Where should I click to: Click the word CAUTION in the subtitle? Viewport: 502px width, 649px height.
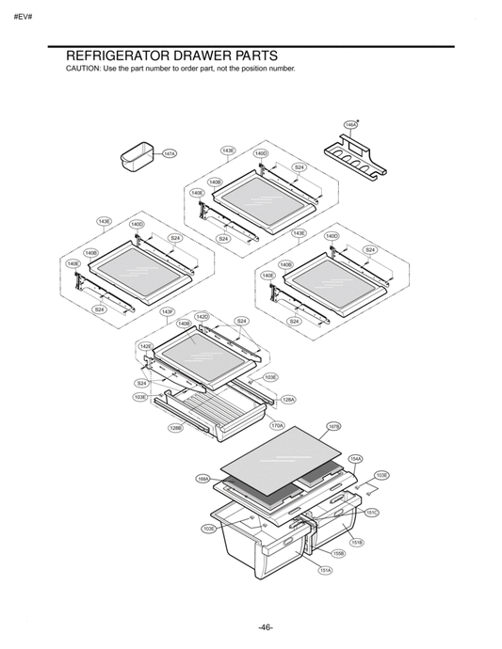point(82,71)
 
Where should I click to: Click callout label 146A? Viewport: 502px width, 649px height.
point(350,123)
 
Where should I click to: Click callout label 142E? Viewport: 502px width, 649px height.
point(146,346)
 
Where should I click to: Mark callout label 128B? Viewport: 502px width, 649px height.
point(175,428)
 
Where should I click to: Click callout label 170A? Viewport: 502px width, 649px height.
point(277,425)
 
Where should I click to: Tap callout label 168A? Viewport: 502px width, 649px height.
point(202,479)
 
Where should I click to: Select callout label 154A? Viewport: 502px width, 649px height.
point(355,458)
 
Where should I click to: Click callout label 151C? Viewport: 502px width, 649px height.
point(371,513)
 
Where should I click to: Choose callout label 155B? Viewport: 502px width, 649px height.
point(339,554)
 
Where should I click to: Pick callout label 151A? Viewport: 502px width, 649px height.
point(325,570)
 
